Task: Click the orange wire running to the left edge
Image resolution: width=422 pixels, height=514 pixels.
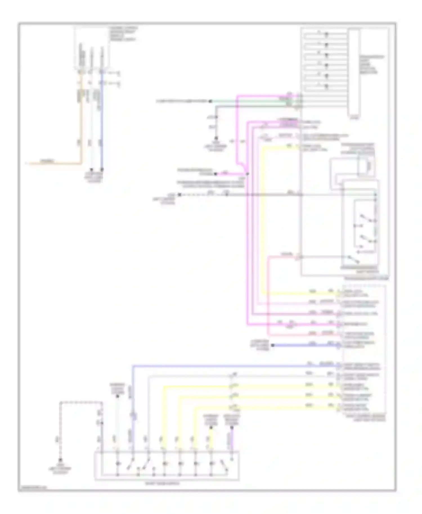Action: tap(53, 163)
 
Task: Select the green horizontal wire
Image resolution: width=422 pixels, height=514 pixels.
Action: tap(253, 101)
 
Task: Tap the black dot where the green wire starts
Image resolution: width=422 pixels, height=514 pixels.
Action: tap(210, 101)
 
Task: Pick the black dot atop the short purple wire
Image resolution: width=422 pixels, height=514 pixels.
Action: tap(232, 428)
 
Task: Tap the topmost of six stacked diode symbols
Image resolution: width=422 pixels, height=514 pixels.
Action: tap(326, 34)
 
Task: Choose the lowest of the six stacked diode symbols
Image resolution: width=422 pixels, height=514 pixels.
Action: tap(326, 86)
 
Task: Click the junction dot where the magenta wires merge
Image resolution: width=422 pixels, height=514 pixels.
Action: tap(248, 174)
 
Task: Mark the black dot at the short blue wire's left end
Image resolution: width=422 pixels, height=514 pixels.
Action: tap(272, 345)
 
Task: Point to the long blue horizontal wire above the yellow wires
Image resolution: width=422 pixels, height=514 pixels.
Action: tap(234, 366)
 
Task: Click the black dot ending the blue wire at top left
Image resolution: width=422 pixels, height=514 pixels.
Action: tap(102, 170)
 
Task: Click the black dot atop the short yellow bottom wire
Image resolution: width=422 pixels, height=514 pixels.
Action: tap(211, 428)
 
